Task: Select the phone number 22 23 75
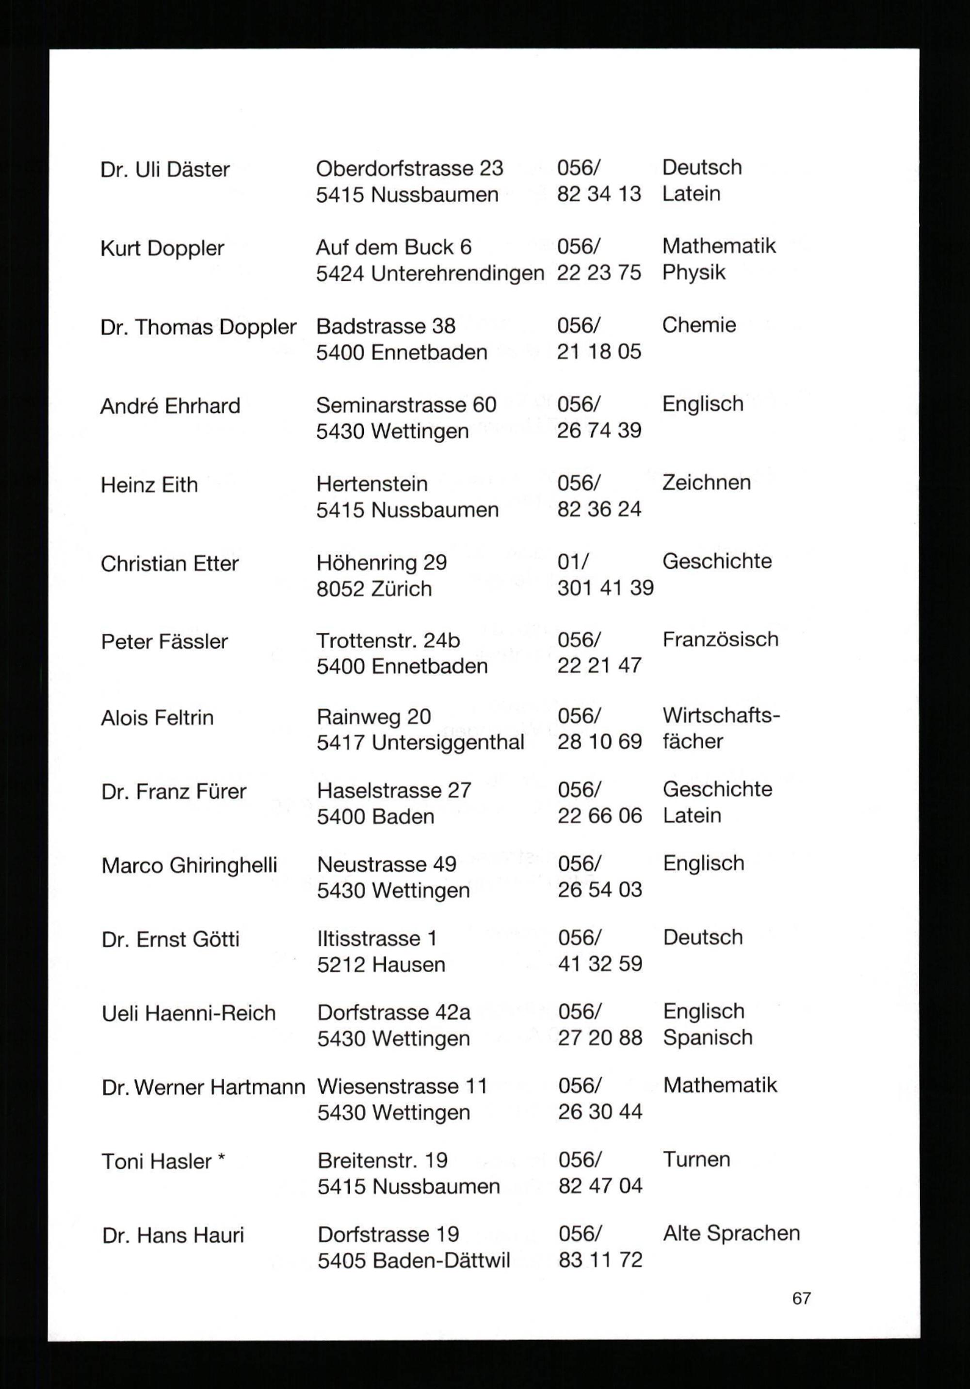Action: [x=598, y=273]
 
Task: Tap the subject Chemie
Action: [x=699, y=325]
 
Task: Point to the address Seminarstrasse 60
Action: [x=406, y=405]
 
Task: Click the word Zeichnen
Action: [x=706, y=482]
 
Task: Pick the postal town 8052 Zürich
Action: [x=374, y=589]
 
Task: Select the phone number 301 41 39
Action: [x=605, y=588]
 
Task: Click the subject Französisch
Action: [x=720, y=639]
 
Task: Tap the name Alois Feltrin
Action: [x=157, y=718]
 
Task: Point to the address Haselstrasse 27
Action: [x=394, y=790]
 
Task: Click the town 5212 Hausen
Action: [x=381, y=964]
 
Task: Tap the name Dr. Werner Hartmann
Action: [x=203, y=1088]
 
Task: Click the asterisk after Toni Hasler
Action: [x=222, y=1159]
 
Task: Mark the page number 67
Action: [x=801, y=1298]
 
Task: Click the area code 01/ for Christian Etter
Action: [x=572, y=561]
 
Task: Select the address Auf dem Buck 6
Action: [x=393, y=247]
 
